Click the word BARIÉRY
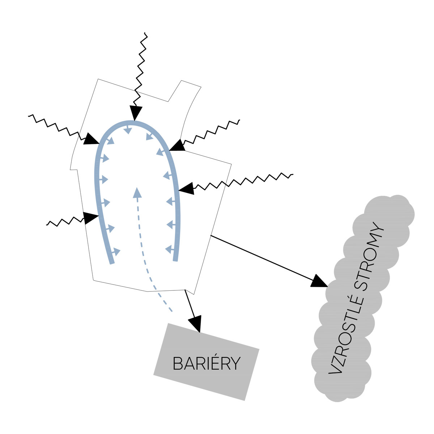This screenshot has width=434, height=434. (207, 363)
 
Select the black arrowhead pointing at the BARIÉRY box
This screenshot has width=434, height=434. (195, 323)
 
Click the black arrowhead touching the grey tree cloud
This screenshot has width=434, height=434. (319, 281)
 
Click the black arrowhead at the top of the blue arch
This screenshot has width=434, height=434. (135, 113)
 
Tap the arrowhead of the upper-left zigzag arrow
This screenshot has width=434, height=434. (91, 139)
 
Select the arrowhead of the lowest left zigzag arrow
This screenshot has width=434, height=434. (90, 218)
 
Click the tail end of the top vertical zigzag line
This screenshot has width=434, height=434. (145, 33)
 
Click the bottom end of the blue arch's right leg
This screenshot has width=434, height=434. (176, 260)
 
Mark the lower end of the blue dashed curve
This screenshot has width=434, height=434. (171, 311)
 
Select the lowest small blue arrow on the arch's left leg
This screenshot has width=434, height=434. (116, 251)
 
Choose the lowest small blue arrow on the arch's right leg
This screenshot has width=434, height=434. (169, 249)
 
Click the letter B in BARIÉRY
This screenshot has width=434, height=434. (177, 363)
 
